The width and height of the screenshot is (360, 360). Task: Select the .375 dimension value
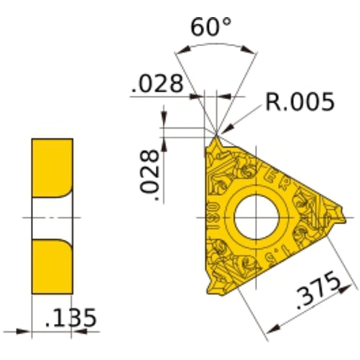(318, 296)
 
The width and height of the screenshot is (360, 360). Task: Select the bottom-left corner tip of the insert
(210, 294)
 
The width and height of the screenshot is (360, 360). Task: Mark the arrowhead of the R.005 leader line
(222, 131)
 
